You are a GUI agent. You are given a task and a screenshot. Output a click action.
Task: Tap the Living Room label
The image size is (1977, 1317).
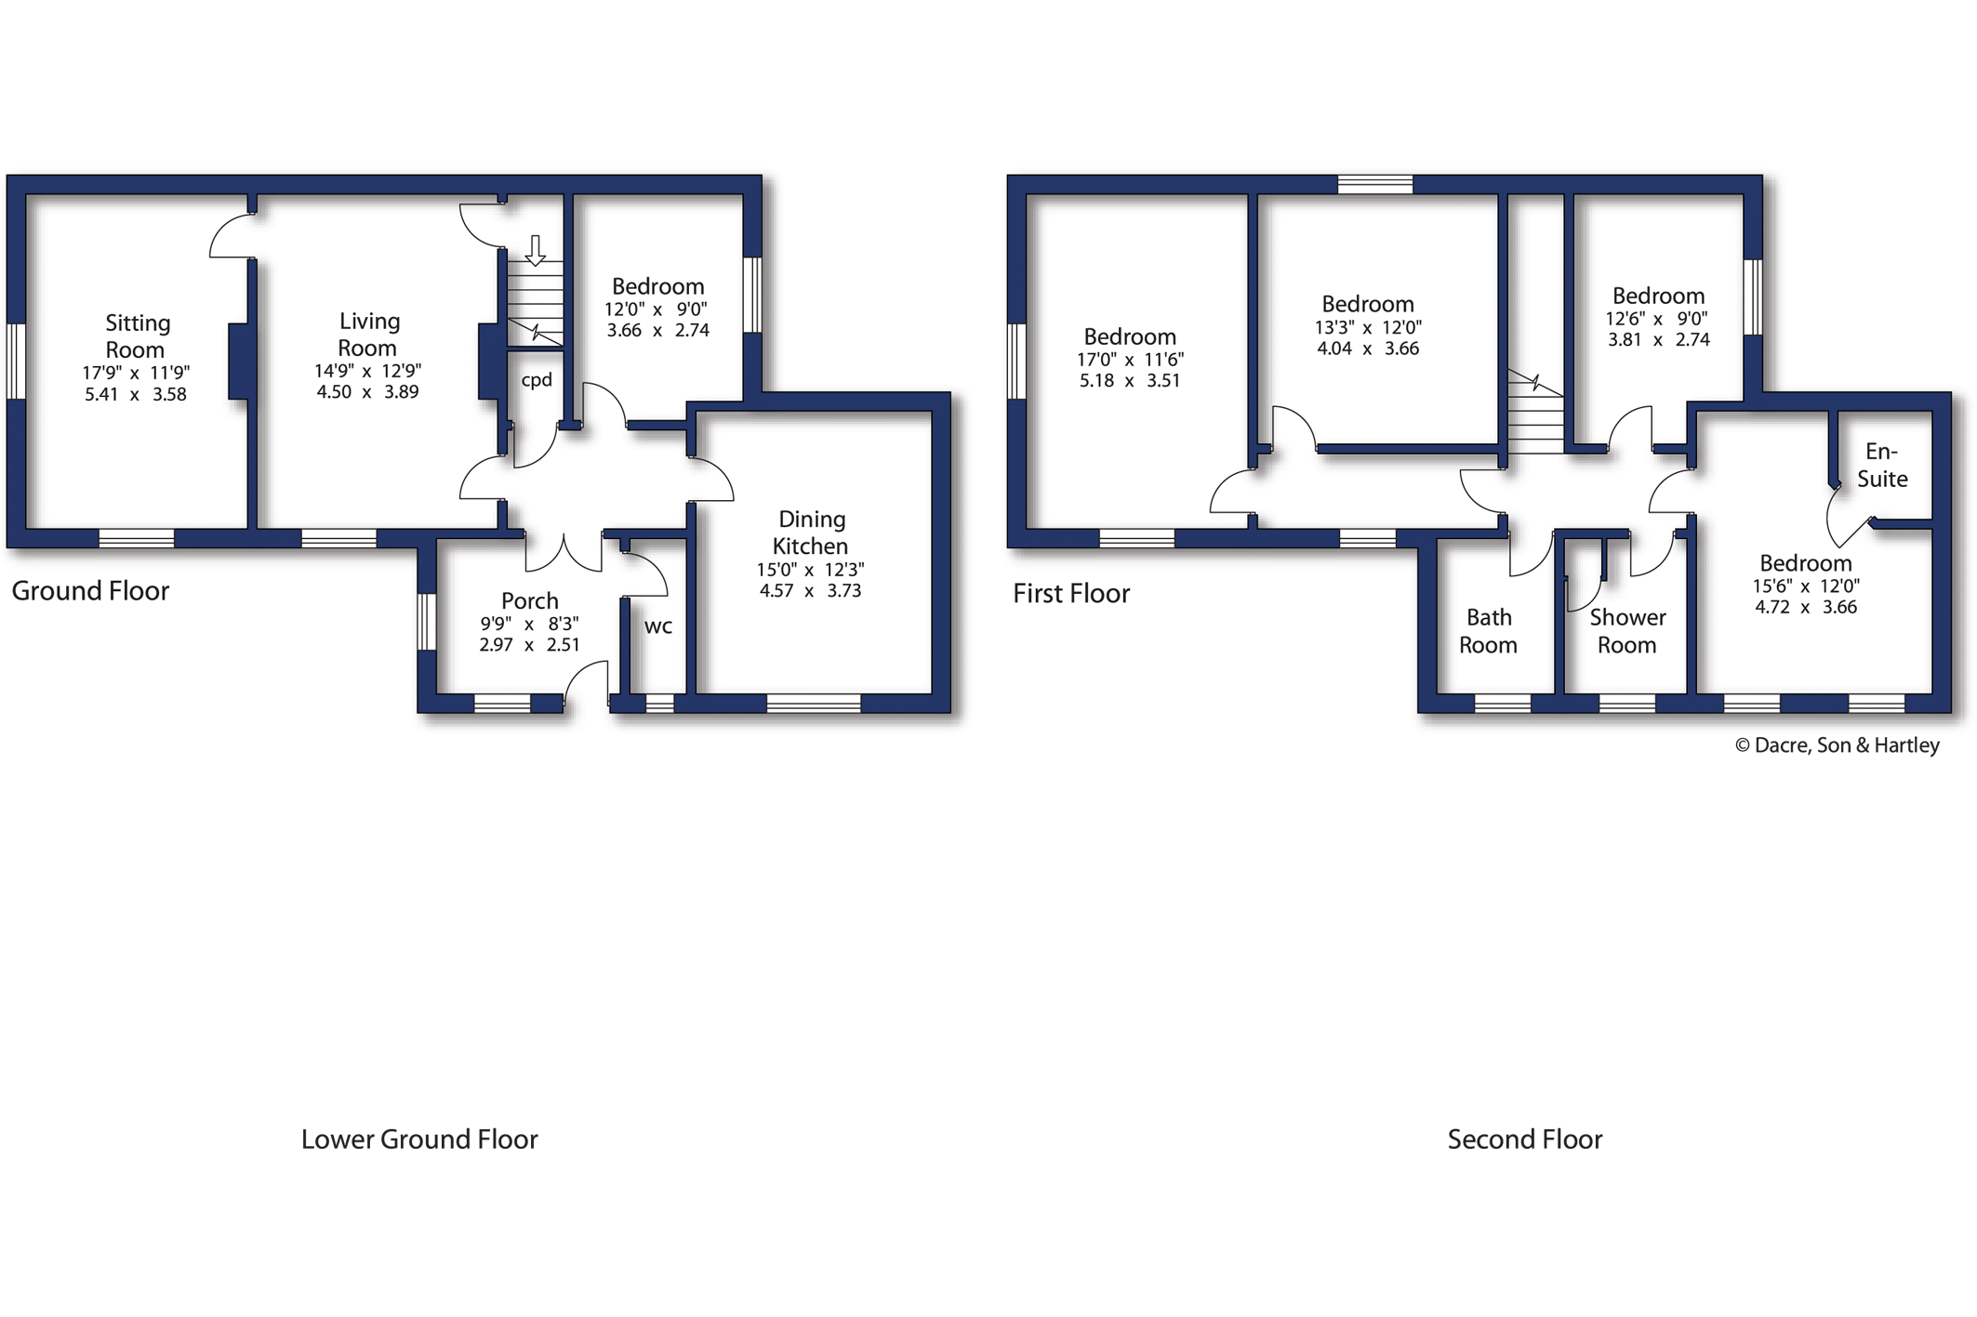coord(368,334)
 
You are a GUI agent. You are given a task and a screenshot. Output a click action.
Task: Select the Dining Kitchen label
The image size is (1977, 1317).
coord(811,532)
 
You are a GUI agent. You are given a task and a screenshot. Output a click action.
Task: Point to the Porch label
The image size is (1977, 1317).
coord(529,600)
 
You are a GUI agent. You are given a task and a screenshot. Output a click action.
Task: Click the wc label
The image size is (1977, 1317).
coord(658,626)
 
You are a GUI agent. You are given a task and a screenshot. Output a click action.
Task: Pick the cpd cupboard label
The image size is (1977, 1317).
coord(537,379)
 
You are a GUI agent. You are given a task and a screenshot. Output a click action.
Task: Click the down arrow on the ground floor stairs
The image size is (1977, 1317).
coord(535,250)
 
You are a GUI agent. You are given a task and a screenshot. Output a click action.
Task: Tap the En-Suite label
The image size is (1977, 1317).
coord(1882,465)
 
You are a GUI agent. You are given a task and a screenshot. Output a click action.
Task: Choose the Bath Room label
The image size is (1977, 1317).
coord(1488,631)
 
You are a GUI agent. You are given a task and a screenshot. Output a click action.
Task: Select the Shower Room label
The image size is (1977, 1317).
coord(1627,631)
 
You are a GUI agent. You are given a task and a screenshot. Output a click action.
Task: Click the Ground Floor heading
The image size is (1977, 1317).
coord(90,591)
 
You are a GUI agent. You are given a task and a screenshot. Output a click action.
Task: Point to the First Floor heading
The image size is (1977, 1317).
coord(1071,593)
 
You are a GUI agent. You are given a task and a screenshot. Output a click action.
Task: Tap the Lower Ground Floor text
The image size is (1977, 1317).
coord(419,1139)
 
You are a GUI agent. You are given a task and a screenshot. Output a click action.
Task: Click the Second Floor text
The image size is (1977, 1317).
coord(1525,1139)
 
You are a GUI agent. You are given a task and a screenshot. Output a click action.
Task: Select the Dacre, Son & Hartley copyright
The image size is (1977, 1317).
coord(1838,745)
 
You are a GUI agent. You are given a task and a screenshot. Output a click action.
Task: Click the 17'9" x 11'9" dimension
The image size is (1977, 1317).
coord(136,373)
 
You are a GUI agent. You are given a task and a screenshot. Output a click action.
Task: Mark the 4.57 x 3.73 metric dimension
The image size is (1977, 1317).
coord(810,591)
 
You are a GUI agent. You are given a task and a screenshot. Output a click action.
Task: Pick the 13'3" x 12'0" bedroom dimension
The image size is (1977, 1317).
coord(1368,327)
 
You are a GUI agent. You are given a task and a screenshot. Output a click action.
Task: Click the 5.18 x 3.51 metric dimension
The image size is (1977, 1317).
coord(1130,380)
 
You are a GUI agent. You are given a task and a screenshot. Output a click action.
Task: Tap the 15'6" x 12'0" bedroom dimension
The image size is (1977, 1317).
coord(1806,586)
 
